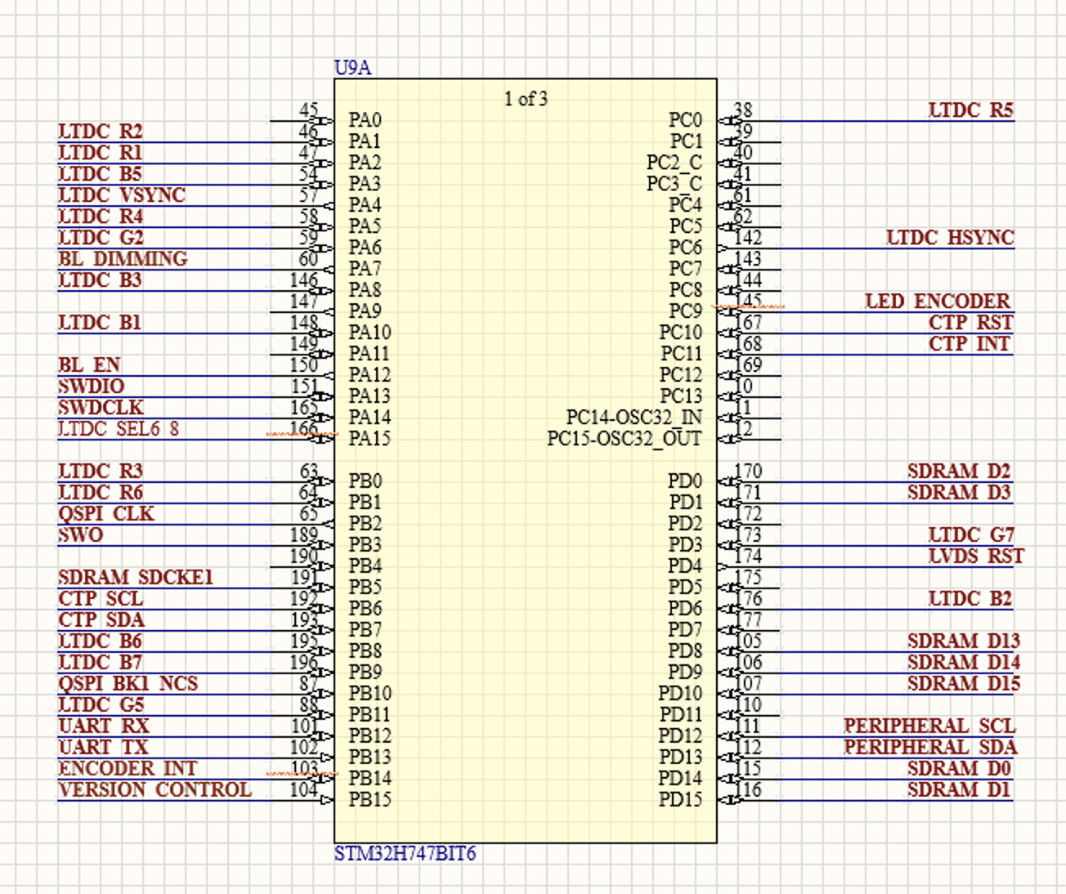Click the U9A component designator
(x=352, y=68)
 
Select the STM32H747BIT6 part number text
(x=405, y=854)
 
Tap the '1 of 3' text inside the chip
(x=526, y=99)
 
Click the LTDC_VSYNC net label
(x=122, y=195)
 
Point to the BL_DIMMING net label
(x=123, y=259)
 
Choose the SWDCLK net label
(x=101, y=408)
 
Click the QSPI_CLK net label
(x=106, y=514)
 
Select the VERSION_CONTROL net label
(x=155, y=790)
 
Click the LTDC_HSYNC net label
(x=950, y=238)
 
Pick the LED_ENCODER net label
(x=938, y=302)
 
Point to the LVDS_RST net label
(x=976, y=557)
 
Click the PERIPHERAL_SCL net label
(x=929, y=726)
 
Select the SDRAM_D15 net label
(x=963, y=684)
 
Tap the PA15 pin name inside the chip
(x=370, y=439)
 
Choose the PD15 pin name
(x=680, y=800)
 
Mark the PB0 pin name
(x=365, y=481)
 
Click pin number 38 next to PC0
(x=743, y=110)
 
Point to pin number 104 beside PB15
(x=303, y=789)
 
